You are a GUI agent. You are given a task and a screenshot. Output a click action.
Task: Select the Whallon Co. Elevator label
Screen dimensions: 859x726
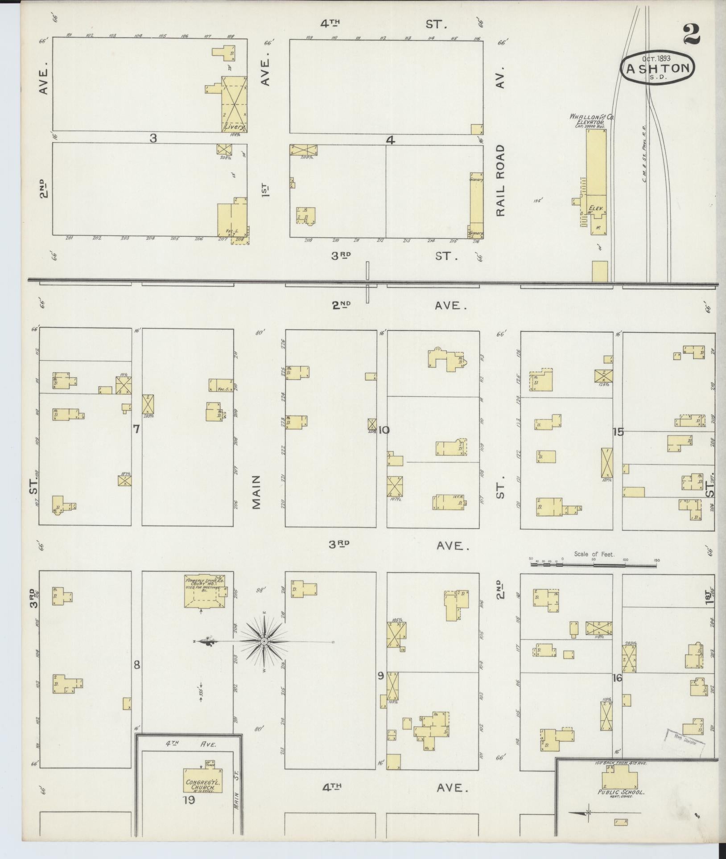[591, 119]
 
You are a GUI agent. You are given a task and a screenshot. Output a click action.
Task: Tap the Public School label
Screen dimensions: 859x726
[621, 792]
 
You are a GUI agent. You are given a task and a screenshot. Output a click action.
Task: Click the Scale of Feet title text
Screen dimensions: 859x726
[594, 554]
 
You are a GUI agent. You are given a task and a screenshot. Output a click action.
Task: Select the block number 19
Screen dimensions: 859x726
[189, 800]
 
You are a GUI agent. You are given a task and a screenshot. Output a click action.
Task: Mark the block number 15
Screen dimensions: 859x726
[618, 432]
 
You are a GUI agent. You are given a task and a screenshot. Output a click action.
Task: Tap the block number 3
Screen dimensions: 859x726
[153, 138]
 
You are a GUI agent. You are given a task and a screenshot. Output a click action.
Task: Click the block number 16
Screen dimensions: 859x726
[617, 690]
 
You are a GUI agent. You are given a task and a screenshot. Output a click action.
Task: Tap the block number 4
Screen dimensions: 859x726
[390, 140]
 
